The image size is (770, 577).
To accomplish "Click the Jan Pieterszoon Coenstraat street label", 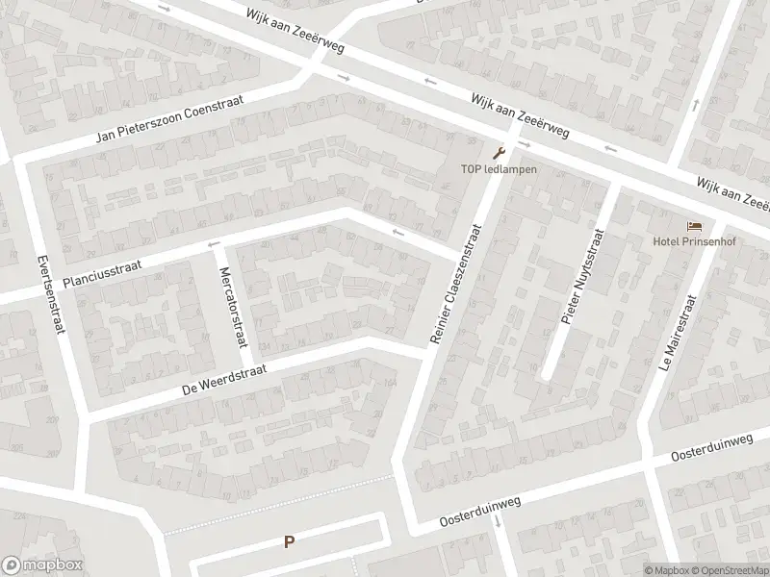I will pyautogui.click(x=172, y=121).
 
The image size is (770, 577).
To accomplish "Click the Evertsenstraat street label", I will pyautogui.click(x=48, y=295).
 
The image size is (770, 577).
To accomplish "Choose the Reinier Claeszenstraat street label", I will pyautogui.click(x=457, y=286).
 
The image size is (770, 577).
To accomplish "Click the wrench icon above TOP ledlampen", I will pyautogui.click(x=498, y=152).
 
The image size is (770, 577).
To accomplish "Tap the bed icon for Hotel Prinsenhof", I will pyautogui.click(x=694, y=226).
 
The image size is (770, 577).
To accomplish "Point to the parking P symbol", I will pyautogui.click(x=288, y=541).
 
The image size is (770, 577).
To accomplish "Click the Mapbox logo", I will pyautogui.click(x=41, y=565).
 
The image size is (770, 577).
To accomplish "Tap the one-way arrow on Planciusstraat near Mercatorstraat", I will pyautogui.click(x=213, y=243).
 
